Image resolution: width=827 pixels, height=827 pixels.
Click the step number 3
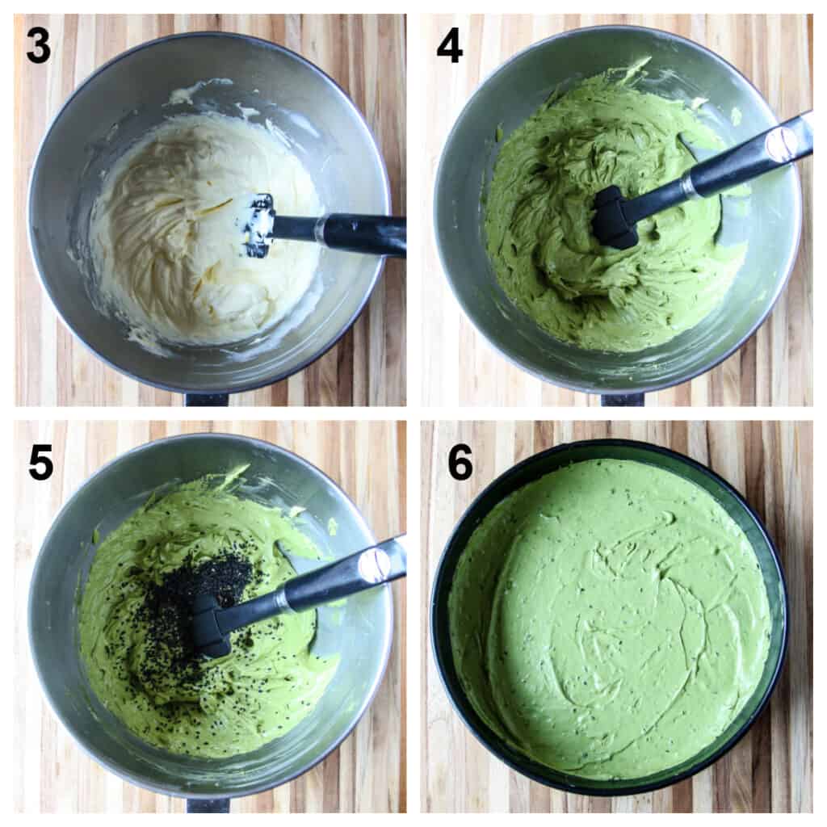pyautogui.click(x=39, y=45)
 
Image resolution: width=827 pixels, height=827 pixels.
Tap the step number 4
pyautogui.click(x=449, y=46)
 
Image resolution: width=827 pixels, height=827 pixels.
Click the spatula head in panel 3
pyautogui.click(x=258, y=225)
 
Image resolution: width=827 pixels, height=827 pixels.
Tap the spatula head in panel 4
pyautogui.click(x=616, y=216)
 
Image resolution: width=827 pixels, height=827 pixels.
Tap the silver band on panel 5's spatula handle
pyautogui.click(x=375, y=565)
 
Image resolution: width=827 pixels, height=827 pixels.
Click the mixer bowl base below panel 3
pyautogui.click(x=207, y=398)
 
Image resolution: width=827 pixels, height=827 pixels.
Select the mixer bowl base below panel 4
pyautogui.click(x=623, y=399)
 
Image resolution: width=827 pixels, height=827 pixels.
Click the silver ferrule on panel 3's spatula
pyautogui.click(x=320, y=229)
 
